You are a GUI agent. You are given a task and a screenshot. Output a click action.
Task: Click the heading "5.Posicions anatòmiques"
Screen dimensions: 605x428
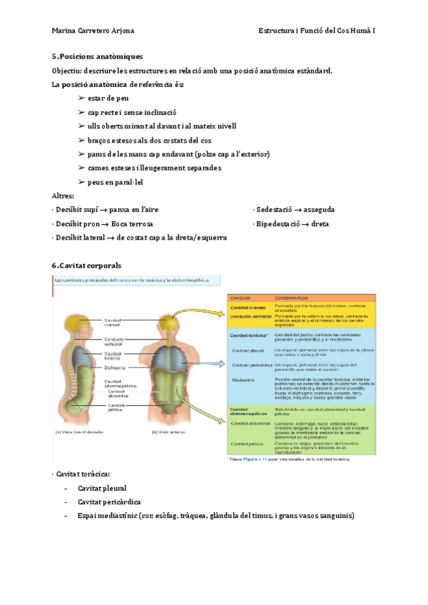tap(97, 56)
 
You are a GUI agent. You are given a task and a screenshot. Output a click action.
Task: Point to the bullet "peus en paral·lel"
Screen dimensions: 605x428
tap(116, 182)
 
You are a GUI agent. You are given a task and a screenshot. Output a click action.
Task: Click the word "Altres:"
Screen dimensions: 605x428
tap(63, 196)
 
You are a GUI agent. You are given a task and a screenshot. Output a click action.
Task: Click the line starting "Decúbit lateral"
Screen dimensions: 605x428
tap(140, 238)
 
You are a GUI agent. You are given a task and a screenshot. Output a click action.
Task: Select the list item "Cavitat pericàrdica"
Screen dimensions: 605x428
tap(109, 502)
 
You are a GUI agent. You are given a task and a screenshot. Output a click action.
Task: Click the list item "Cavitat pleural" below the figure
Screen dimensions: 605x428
tap(102, 488)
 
